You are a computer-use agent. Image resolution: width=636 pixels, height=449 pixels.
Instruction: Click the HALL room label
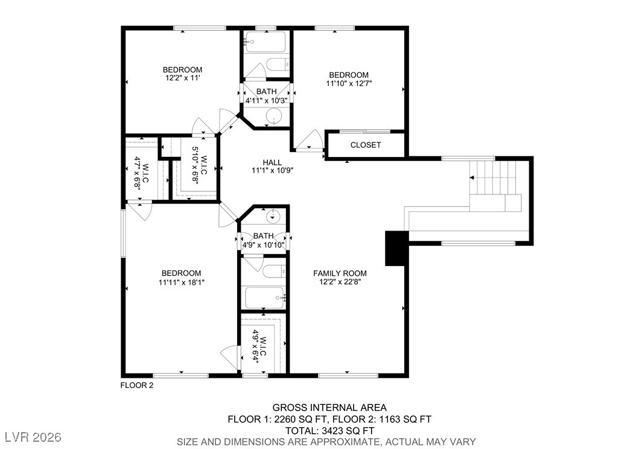click(272, 163)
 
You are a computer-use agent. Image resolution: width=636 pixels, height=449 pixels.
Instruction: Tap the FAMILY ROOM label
click(340, 273)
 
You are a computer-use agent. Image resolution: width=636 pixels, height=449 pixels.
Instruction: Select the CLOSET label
click(366, 145)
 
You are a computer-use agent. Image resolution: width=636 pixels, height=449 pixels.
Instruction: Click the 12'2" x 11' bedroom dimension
click(182, 78)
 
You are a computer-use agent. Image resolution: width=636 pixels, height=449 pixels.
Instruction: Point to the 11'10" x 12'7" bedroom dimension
click(349, 83)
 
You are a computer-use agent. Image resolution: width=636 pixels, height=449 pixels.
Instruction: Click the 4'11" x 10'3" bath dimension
click(267, 100)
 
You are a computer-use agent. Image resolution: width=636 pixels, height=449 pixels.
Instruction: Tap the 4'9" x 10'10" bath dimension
click(263, 244)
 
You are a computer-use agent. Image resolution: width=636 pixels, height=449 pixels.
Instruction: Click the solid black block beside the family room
click(396, 248)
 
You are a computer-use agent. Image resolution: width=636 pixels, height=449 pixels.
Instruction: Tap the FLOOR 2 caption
click(137, 385)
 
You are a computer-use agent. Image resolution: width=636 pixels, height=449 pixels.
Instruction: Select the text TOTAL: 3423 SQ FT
click(329, 430)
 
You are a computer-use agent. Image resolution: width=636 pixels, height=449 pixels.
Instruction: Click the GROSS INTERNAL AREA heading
click(329, 407)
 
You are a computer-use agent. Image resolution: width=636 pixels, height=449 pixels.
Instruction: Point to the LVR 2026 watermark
click(33, 437)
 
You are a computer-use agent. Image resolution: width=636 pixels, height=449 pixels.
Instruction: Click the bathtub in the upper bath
click(266, 42)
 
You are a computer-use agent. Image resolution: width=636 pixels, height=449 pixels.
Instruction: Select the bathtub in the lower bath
click(264, 298)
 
